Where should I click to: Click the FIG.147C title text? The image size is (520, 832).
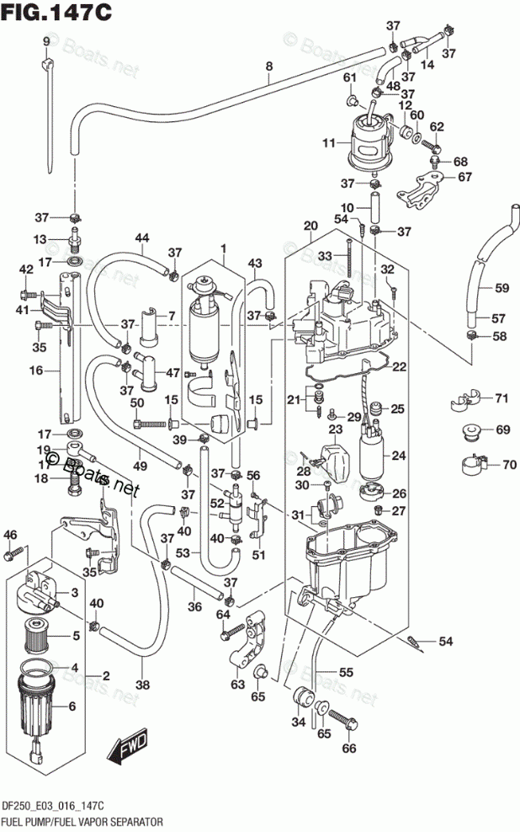pyautogui.click(x=56, y=13)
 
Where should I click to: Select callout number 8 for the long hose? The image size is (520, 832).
pyautogui.click(x=268, y=67)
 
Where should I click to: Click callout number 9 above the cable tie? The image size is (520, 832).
pyautogui.click(x=46, y=41)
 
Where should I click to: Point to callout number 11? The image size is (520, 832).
pyautogui.click(x=329, y=142)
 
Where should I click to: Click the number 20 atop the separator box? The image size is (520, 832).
pyautogui.click(x=310, y=226)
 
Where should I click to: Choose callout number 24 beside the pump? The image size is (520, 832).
pyautogui.click(x=399, y=455)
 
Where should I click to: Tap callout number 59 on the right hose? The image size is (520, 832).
pyautogui.click(x=501, y=288)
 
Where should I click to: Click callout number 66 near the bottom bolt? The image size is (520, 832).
pyautogui.click(x=349, y=748)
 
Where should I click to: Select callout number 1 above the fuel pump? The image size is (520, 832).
pyautogui.click(x=224, y=248)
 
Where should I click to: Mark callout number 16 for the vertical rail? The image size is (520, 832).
pyautogui.click(x=36, y=370)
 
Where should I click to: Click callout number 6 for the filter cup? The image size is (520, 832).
pyautogui.click(x=72, y=706)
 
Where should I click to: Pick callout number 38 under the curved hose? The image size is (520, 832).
pyautogui.click(x=142, y=685)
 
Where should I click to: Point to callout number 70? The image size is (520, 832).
pyautogui.click(x=509, y=465)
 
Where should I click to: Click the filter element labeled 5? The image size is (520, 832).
pyautogui.click(x=38, y=635)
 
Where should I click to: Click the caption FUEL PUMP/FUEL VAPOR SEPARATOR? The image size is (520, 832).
pyautogui.click(x=82, y=821)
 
